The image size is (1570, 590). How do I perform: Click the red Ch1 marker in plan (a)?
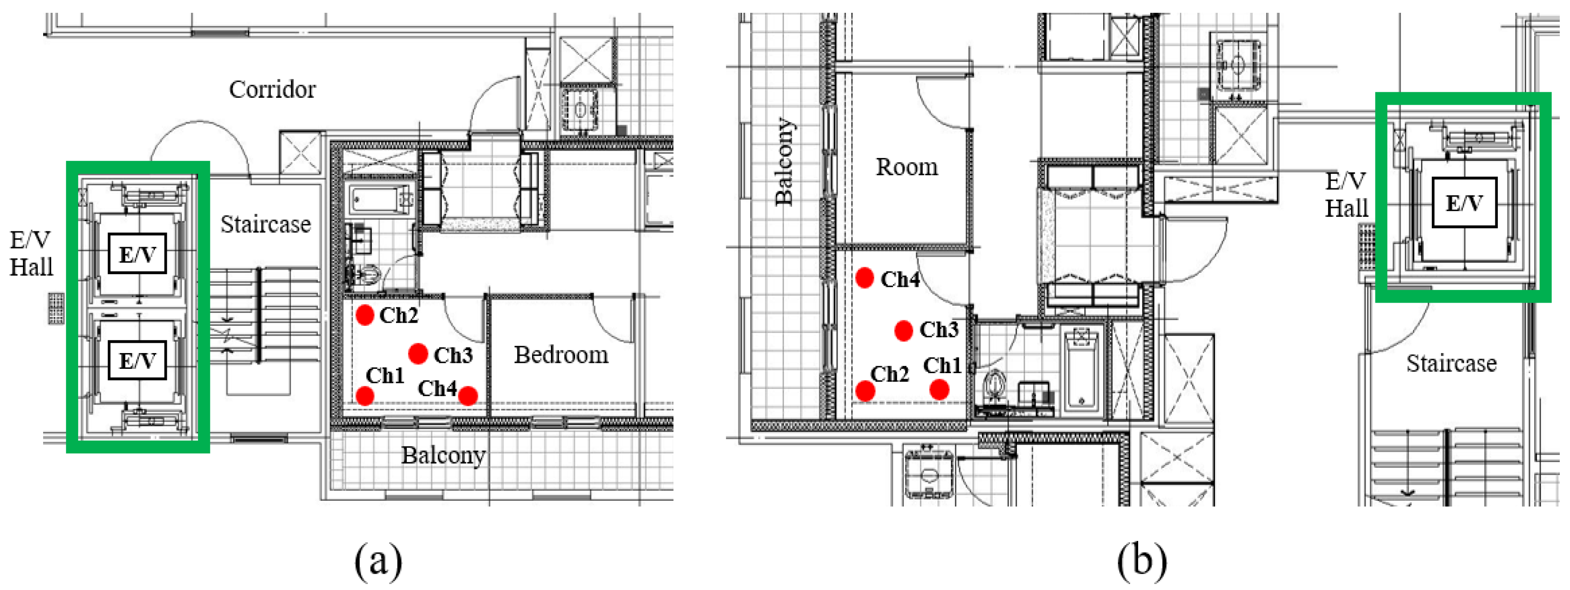point(364,396)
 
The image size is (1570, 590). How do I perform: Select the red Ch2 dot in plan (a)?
point(364,315)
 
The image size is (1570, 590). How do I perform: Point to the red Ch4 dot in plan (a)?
point(467,396)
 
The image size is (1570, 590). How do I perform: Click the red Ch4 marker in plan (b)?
point(864,278)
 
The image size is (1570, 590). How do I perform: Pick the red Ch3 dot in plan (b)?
point(903,330)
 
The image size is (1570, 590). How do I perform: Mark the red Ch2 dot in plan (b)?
point(865,391)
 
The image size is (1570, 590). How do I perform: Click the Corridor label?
point(272,90)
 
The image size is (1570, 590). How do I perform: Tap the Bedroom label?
point(561,355)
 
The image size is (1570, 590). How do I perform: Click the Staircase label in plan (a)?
point(266,224)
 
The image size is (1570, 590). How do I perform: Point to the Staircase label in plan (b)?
point(1451,363)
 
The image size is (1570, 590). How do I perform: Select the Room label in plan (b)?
point(907,167)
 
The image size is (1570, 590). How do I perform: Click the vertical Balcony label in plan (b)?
point(784,161)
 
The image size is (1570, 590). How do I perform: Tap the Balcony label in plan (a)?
point(443,455)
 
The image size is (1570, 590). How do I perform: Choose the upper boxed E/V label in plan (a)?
point(137,254)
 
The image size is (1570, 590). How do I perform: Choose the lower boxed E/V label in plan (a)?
point(137,360)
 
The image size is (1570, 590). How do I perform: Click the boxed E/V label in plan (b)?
point(1464,202)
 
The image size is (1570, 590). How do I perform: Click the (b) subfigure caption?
point(1142,560)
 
